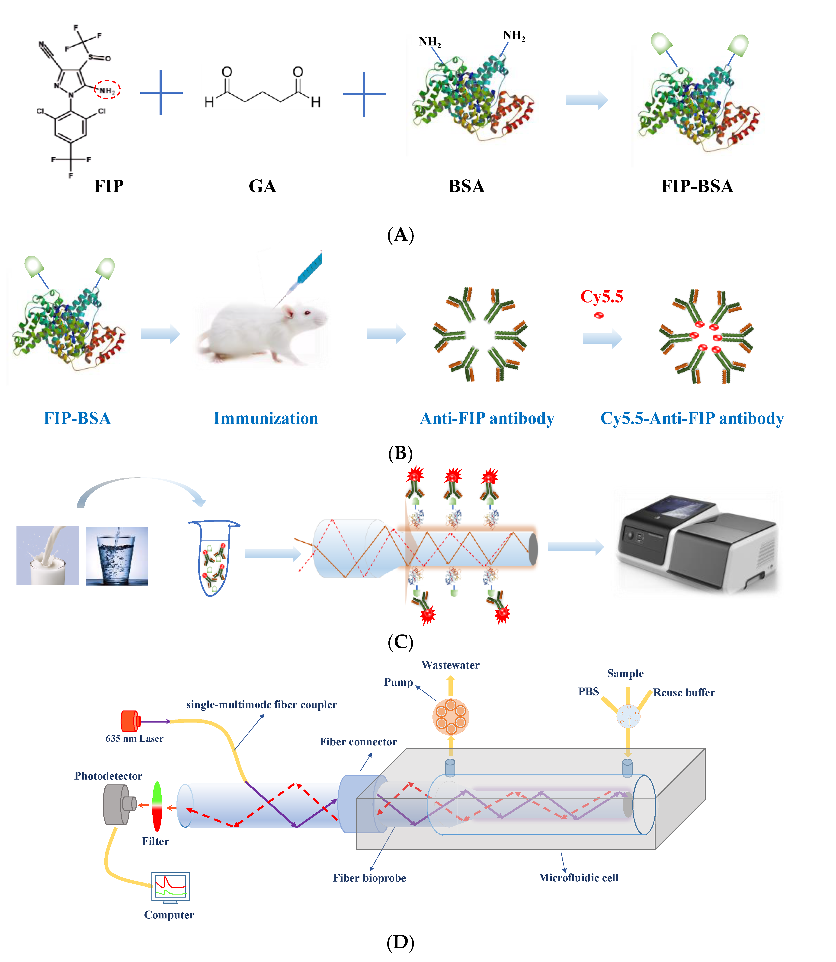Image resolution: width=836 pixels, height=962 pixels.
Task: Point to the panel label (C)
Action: point(400,642)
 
